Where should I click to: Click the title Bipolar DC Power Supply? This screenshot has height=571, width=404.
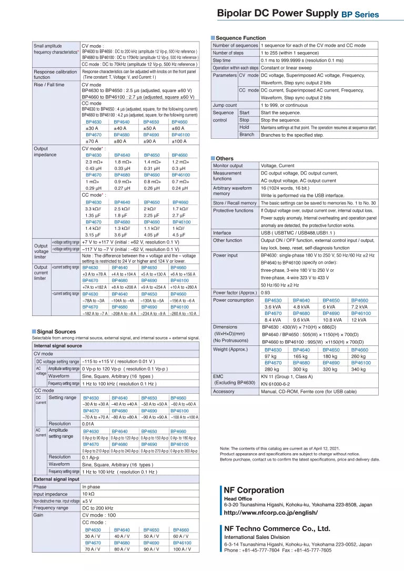tap(277, 14)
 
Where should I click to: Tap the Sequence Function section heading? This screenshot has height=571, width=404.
tap(241, 38)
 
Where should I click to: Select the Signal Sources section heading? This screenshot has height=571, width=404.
tap(56, 332)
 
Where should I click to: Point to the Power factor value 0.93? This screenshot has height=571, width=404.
tap(266, 292)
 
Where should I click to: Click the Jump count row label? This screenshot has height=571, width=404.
tap(225, 105)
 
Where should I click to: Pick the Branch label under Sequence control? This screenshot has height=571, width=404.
tap(247, 135)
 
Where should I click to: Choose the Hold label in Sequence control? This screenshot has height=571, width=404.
tap(244, 127)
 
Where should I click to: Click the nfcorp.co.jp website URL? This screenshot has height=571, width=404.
tap(271, 513)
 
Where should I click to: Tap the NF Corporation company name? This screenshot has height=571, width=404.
tap(254, 491)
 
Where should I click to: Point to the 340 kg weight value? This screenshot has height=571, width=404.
tap(358, 369)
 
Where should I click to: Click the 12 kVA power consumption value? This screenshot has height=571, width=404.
tap(359, 320)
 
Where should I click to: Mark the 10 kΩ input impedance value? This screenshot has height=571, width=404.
tap(88, 494)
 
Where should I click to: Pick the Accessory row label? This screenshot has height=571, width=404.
tap(224, 391)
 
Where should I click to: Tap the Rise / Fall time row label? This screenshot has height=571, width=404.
tap(49, 85)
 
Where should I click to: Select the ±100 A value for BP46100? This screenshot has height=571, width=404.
tap(179, 141)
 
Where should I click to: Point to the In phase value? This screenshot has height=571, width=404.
tap(91, 487)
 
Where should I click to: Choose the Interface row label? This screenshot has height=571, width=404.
tap(222, 233)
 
